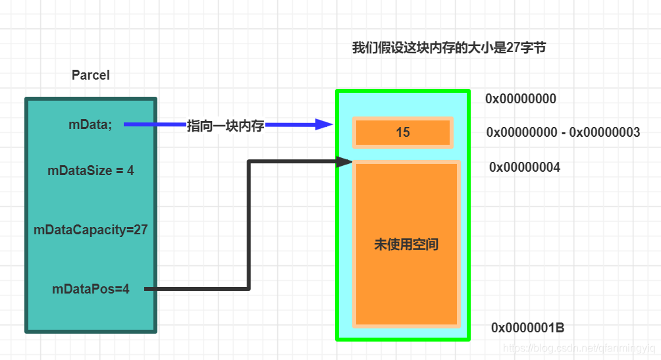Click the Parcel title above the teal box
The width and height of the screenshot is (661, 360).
click(90, 75)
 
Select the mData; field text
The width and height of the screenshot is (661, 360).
click(90, 125)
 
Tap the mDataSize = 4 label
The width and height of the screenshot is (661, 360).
click(91, 170)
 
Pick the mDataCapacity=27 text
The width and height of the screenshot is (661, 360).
click(91, 230)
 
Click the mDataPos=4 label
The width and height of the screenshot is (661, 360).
click(91, 288)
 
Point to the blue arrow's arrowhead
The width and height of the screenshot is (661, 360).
click(324, 124)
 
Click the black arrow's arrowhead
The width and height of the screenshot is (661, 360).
click(344, 161)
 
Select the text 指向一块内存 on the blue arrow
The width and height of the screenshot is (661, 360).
click(225, 126)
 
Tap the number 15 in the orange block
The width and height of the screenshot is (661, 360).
click(402, 132)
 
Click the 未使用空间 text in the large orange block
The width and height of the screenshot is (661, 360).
click(406, 245)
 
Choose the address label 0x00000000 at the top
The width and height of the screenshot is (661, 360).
click(521, 99)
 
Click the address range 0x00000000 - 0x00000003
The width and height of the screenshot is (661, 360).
click(563, 132)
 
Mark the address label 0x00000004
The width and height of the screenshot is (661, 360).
click(524, 167)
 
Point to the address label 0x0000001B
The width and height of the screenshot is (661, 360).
click(527, 328)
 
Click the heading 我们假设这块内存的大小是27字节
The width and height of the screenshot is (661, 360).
click(449, 48)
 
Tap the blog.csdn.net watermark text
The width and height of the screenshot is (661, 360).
click(578, 347)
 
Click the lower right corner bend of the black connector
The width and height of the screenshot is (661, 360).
click(249, 288)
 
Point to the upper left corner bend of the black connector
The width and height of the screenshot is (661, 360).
click(249, 161)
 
